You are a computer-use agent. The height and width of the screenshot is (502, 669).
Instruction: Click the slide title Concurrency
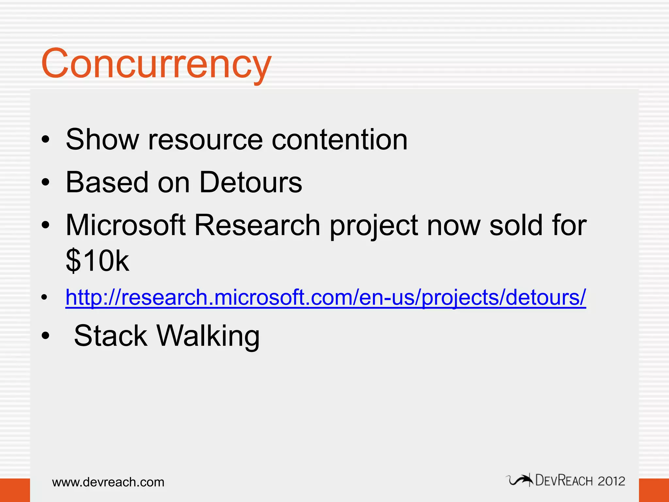click(156, 64)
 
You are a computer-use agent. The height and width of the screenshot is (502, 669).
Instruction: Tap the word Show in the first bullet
click(102, 140)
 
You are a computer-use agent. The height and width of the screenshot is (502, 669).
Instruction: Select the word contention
click(339, 140)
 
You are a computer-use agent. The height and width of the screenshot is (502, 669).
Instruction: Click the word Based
click(107, 182)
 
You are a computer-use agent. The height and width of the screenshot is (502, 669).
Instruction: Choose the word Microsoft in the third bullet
click(126, 225)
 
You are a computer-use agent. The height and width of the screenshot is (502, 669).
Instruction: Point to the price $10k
click(97, 260)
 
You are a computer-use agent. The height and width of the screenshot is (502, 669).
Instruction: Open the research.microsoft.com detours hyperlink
click(325, 297)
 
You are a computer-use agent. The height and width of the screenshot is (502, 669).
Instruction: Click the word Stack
click(110, 336)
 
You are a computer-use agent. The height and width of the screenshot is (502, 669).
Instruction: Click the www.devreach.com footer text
click(108, 482)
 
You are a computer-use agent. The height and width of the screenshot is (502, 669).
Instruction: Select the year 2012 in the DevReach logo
click(611, 481)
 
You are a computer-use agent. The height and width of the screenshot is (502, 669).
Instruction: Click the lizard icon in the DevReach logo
click(519, 480)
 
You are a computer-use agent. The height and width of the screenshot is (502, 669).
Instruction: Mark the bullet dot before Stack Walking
click(45, 336)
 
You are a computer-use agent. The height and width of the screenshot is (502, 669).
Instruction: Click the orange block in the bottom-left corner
click(15, 490)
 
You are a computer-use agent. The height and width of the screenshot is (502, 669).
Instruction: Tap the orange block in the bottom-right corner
click(654, 490)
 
